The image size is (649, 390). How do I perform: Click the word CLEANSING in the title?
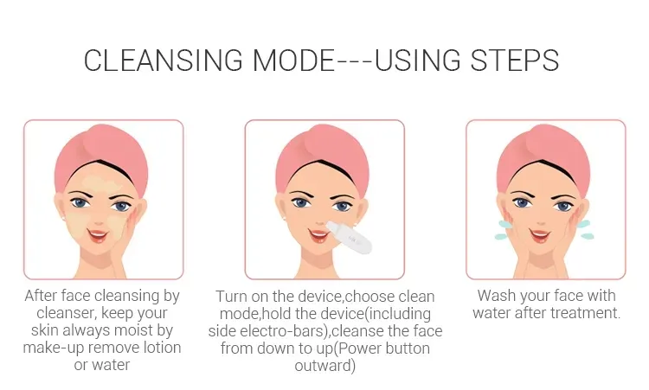tap(162, 60)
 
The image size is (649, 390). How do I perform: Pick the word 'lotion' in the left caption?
tap(156, 348)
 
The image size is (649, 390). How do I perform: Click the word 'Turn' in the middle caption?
tap(233, 297)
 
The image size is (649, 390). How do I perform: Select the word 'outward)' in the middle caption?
tap(324, 366)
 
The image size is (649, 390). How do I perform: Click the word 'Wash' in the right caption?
tap(497, 296)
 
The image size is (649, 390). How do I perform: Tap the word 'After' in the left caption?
tap(43, 296)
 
